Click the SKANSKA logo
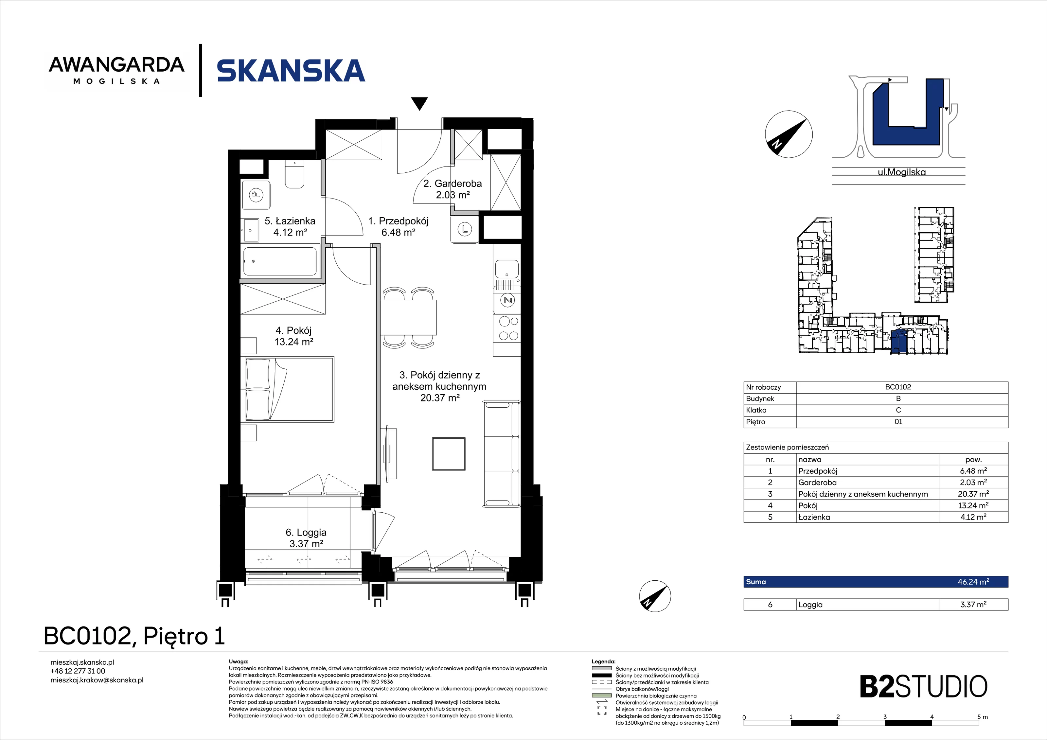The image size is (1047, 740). click(291, 71)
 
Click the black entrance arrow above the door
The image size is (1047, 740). click(419, 103)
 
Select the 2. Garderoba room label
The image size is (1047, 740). click(453, 189)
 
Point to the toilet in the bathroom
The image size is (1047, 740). click(294, 174)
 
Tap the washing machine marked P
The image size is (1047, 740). click(256, 196)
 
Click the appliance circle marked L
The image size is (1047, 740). click(465, 229)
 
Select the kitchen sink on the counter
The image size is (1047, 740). click(506, 269)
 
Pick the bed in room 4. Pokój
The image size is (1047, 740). click(290, 389)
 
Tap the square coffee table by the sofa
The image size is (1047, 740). click(449, 454)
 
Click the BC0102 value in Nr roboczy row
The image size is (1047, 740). click(898, 387)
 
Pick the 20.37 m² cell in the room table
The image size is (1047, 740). click(973, 494)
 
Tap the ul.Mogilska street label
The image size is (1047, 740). click(901, 172)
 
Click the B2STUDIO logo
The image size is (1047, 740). click(923, 687)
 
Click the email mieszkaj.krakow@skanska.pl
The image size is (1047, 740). click(97, 680)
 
